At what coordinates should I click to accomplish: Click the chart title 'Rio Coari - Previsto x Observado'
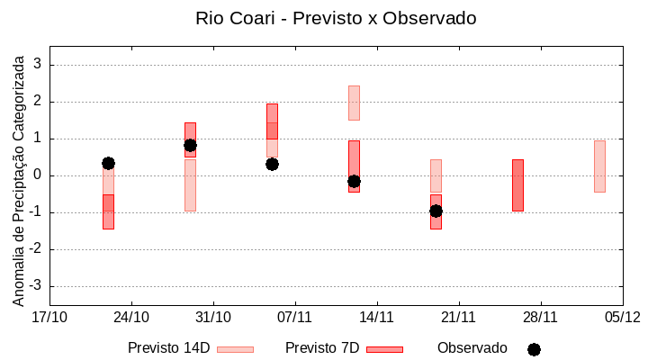point(336,18)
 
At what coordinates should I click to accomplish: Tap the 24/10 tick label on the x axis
point(131,317)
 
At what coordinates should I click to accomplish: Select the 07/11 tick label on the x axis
point(295,317)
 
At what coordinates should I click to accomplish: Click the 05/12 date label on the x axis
point(622,317)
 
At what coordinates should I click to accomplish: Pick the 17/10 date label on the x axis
point(49,317)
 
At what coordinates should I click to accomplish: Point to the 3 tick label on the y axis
point(38,65)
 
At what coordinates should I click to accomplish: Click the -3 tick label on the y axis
point(35,286)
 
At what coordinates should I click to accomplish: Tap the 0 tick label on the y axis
point(38,175)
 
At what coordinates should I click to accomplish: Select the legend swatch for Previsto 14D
point(235,348)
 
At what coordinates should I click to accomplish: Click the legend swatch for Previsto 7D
point(384,348)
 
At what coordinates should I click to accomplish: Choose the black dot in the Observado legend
point(534,349)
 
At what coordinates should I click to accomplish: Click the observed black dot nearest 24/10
point(108,163)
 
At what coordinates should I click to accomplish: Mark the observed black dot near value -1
point(436,211)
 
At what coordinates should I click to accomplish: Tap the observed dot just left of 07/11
point(272,164)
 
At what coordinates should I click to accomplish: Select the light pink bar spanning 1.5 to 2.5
point(354,103)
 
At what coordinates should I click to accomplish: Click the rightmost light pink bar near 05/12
point(599,166)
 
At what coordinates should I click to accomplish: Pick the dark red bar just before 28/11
point(517,185)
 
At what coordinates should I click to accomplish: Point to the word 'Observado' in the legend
point(472,347)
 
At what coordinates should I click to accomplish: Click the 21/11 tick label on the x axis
point(458,317)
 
